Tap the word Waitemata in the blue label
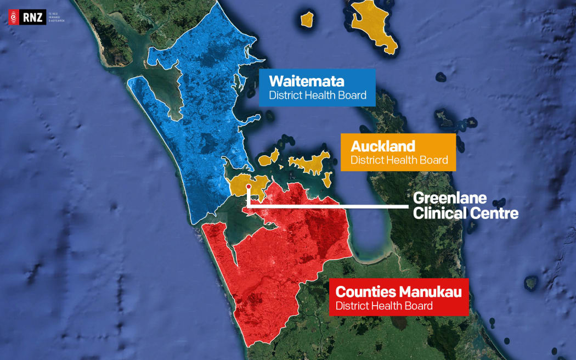coord(306,82)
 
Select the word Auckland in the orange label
coord(383,147)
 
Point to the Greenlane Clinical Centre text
coord(465,205)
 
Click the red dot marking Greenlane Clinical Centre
coord(249,187)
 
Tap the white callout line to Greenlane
coord(329,206)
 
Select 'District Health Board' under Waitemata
coord(317,95)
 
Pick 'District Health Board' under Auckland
coord(399,160)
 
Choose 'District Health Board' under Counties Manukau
coord(384,306)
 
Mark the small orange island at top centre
coord(307,19)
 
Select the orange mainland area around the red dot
coord(241,184)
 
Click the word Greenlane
coord(450,198)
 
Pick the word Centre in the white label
coord(493,213)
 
